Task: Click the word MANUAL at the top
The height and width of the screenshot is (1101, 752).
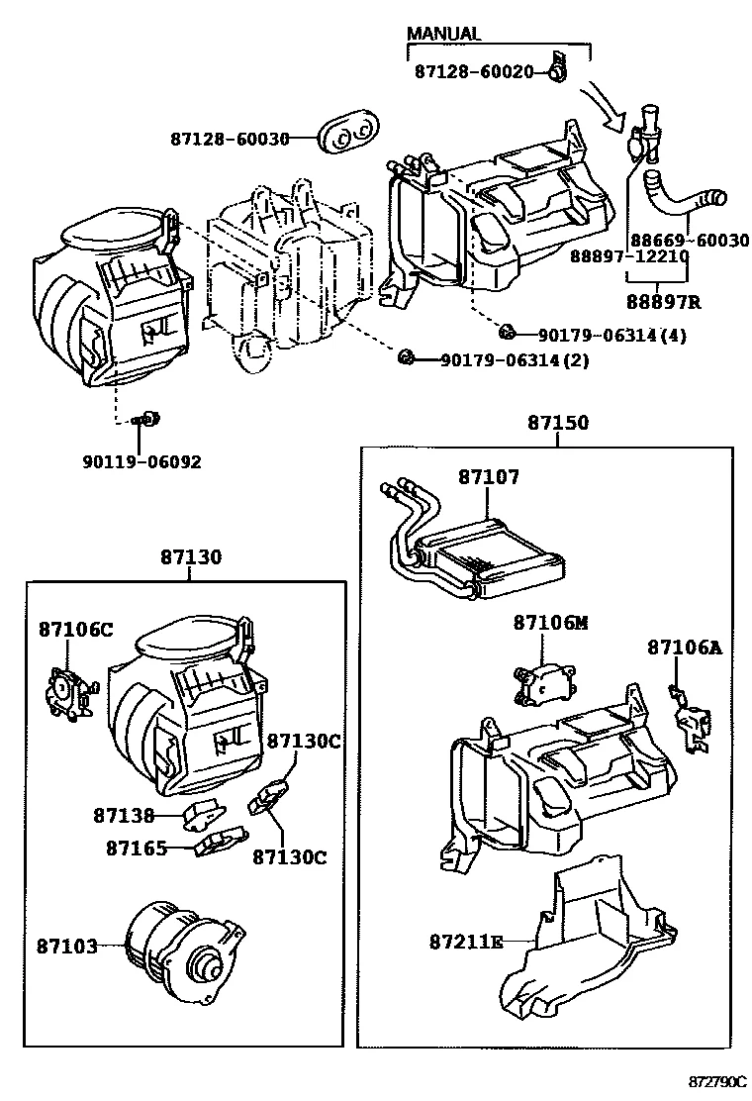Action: pos(443,34)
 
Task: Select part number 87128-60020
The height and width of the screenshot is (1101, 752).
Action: pos(474,72)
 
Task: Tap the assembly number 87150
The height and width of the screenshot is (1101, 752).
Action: pos(557,423)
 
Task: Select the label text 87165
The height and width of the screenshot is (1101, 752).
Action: pos(138,848)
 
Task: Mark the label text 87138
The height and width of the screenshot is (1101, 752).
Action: pos(124,816)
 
